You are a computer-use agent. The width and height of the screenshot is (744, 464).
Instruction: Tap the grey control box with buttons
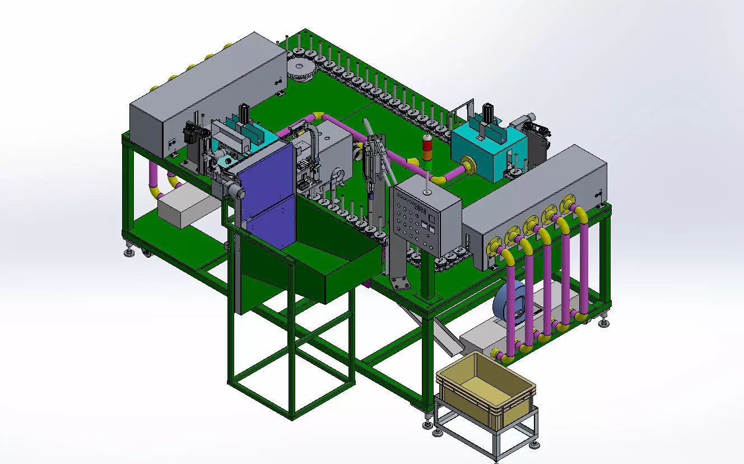[426, 219]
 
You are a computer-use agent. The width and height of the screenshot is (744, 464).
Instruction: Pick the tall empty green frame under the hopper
[291, 359]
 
